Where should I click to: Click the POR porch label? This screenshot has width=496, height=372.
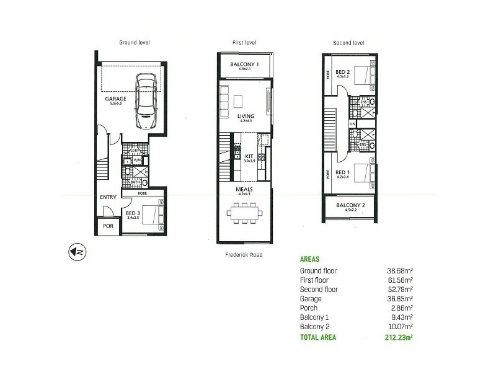pyautogui.click(x=108, y=226)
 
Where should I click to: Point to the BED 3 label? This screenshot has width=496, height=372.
pyautogui.click(x=134, y=213)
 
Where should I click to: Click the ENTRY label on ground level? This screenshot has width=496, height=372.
pyautogui.click(x=108, y=198)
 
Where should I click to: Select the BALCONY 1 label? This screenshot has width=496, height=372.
pyautogui.click(x=244, y=64)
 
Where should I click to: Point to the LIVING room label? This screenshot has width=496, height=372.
pyautogui.click(x=244, y=117)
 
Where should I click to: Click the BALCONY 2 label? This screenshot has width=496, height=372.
pyautogui.click(x=350, y=205)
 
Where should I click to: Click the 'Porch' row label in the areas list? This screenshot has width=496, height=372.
pyautogui.click(x=308, y=308)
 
